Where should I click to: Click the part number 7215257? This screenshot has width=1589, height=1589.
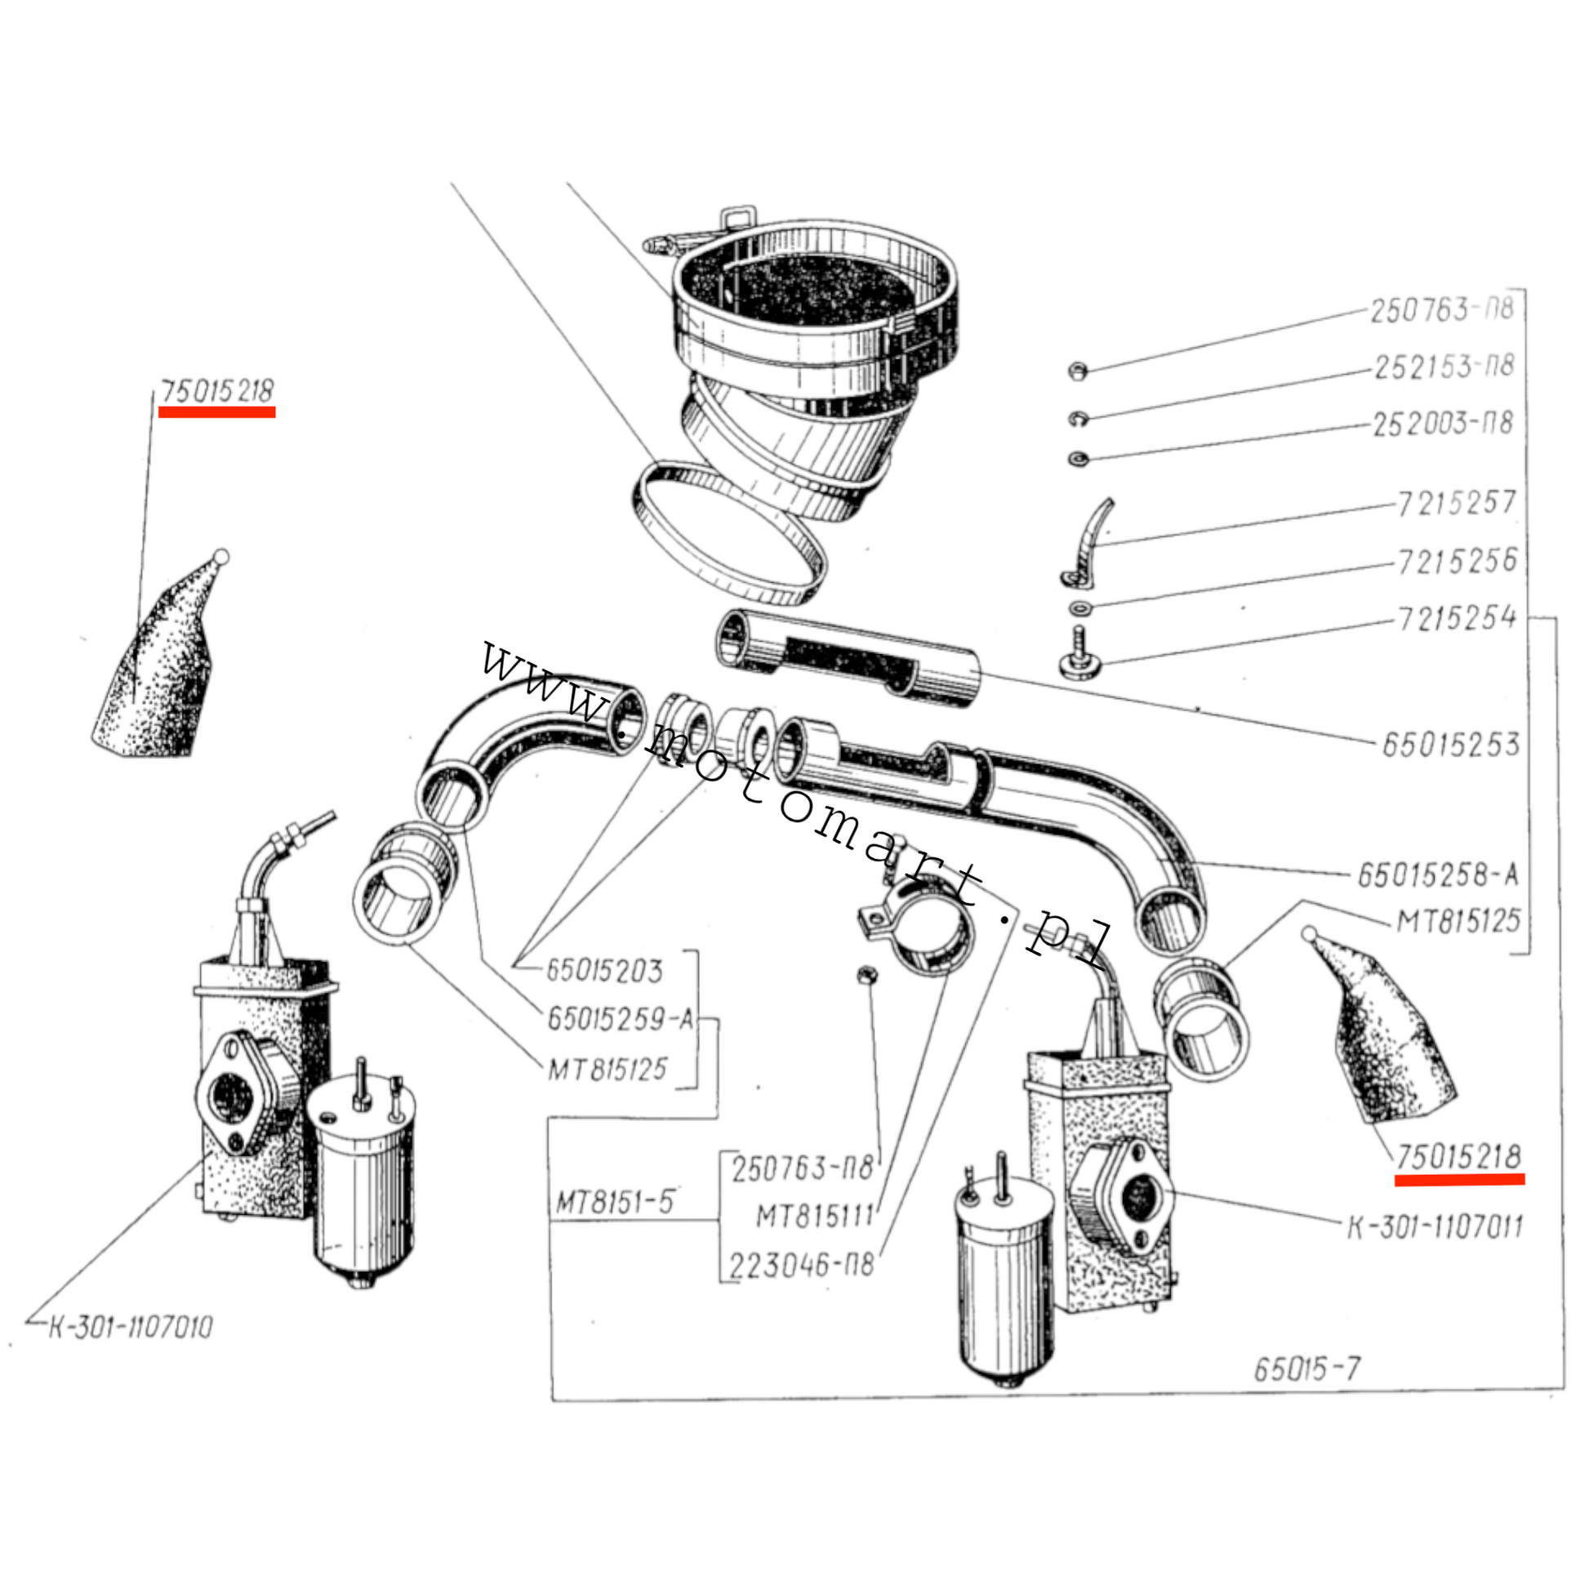click(x=1457, y=502)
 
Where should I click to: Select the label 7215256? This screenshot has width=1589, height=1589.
click(x=1458, y=561)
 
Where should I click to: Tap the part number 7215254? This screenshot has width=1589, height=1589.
click(x=1458, y=616)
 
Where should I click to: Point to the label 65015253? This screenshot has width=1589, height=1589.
click(x=1450, y=745)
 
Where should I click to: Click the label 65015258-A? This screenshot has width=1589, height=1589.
click(x=1437, y=875)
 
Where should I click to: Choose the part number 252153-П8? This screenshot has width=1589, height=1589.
click(x=1444, y=367)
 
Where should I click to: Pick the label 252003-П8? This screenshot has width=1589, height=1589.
click(x=1444, y=424)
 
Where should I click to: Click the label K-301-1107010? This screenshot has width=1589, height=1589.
click(x=130, y=1328)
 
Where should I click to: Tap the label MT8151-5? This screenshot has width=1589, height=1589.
click(x=615, y=1203)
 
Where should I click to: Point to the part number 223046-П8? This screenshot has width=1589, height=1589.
click(x=802, y=1263)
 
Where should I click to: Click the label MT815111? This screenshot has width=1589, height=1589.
click(x=814, y=1216)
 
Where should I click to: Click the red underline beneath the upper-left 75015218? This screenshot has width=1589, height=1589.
click(x=217, y=412)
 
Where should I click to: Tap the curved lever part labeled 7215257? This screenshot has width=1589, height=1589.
click(x=1088, y=543)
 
